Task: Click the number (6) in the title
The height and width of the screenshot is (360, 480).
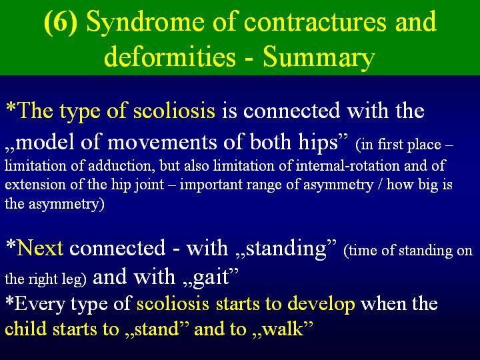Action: [60, 23]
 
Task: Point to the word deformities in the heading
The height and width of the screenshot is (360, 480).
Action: [170, 57]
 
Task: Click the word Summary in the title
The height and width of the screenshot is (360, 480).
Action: [319, 58]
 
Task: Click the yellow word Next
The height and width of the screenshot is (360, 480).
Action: [40, 247]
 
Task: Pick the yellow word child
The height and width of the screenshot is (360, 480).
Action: [26, 329]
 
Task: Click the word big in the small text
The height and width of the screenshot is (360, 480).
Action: [429, 185]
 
